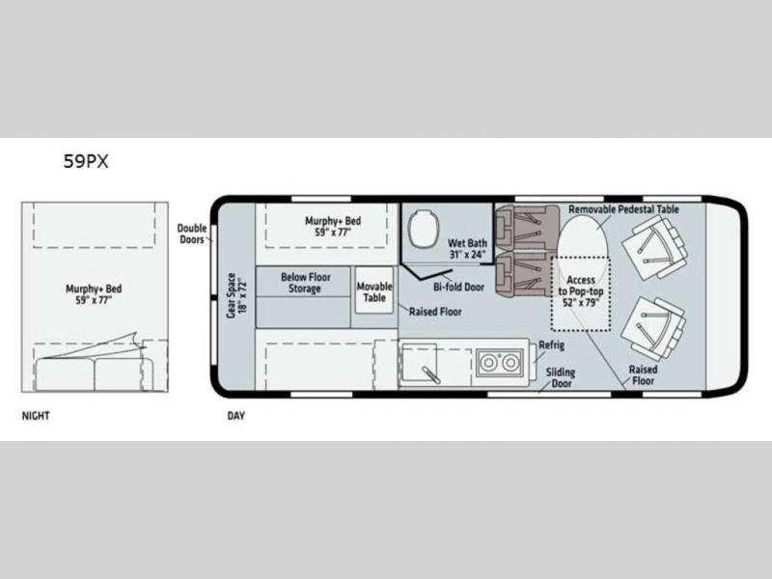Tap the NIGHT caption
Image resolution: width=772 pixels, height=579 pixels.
36,416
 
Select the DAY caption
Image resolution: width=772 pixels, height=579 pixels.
235,416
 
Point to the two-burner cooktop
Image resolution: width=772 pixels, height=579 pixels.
499,363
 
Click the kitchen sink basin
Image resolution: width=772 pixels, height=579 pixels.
419,362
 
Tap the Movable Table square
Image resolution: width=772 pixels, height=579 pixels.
374,290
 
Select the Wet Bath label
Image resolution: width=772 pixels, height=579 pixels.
467,249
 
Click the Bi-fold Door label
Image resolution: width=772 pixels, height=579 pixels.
459,287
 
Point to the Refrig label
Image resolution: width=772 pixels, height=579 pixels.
551,345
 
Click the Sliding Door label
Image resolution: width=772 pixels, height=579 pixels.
561,377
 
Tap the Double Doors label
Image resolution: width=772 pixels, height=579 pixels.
191,234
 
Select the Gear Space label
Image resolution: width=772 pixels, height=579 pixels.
236,295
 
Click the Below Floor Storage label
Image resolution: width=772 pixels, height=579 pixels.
305,283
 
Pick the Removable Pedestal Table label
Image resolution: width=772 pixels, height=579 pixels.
623,209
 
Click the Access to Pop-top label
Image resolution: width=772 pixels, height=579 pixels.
581,291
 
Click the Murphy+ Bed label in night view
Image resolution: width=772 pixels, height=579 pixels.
94,294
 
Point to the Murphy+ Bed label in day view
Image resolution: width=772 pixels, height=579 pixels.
333,226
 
